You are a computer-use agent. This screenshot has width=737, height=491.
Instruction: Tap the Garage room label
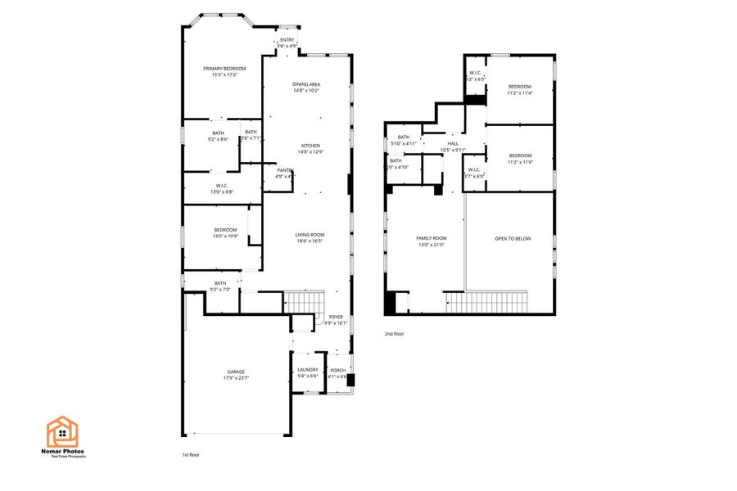(235, 375)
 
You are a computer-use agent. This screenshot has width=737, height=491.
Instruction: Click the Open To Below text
(513, 238)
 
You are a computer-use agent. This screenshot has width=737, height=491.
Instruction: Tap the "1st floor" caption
(190, 454)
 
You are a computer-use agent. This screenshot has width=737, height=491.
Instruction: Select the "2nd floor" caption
(394, 334)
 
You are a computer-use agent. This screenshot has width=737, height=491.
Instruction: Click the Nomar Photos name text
(62, 451)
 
